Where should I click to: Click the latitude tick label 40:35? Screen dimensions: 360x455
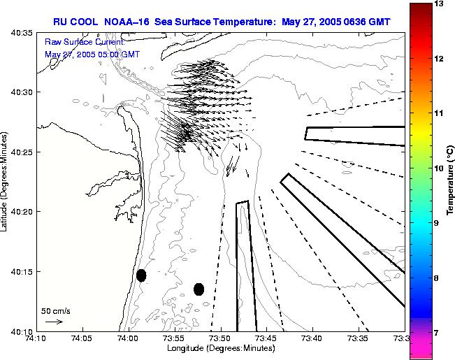tap(23, 33)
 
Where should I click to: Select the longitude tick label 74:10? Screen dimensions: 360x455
tap(37, 338)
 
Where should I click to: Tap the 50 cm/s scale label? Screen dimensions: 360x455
tap(56, 310)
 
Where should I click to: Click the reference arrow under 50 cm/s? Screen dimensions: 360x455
tap(54, 322)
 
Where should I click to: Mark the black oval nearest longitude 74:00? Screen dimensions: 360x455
tap(141, 275)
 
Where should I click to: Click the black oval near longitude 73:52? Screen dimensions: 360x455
tap(198, 289)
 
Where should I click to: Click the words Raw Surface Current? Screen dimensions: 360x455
tap(83, 42)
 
